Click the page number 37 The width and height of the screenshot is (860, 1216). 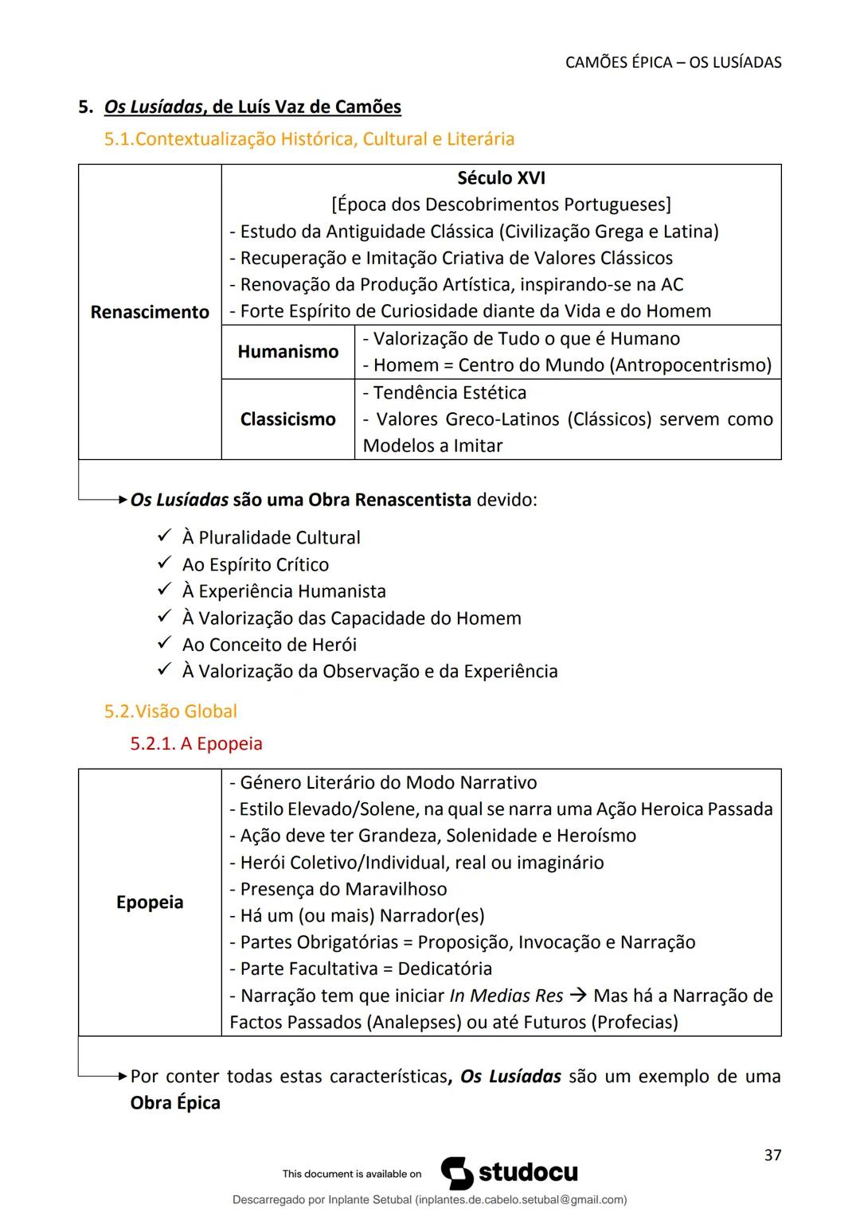pos(772,1155)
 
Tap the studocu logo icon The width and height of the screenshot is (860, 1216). pos(457,1173)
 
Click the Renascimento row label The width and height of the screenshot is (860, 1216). pos(150,312)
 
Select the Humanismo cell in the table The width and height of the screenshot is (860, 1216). pos(287,352)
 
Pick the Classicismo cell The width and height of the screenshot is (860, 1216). pos(287,419)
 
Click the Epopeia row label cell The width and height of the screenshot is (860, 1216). pos(150,902)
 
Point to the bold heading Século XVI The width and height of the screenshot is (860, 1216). pos(501,178)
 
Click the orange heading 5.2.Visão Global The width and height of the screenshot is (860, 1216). pos(170,711)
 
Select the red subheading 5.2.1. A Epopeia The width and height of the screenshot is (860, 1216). pos(196,743)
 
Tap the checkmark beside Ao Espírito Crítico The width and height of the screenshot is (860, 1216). pos(164,563)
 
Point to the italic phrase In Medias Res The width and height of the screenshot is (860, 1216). pos(506,996)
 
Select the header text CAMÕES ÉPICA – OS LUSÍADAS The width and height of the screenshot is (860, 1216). pos(673,62)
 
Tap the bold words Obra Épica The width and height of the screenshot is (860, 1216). pos(175,1103)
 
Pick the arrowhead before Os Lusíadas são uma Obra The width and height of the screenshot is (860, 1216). pos(122,501)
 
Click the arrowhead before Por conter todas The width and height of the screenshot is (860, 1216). pos(122,1077)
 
